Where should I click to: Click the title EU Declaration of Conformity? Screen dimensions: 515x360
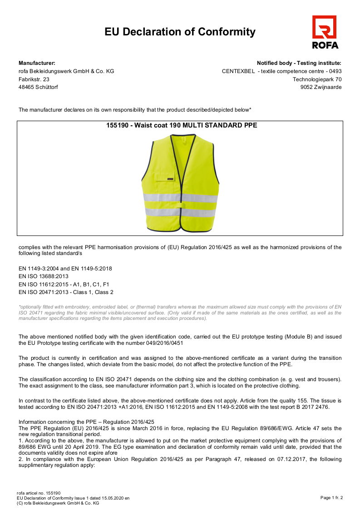(180, 32)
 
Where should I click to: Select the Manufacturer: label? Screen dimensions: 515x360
(37, 63)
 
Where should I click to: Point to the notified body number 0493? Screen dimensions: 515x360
(335, 71)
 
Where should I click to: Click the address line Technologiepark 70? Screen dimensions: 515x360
(317, 79)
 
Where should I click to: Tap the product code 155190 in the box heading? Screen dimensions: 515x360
(116, 125)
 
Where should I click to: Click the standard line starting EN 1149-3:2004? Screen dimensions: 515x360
(65, 268)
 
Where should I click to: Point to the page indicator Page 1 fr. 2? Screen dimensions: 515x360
(331, 498)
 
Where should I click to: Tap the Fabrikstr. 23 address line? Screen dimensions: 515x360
(34, 79)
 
